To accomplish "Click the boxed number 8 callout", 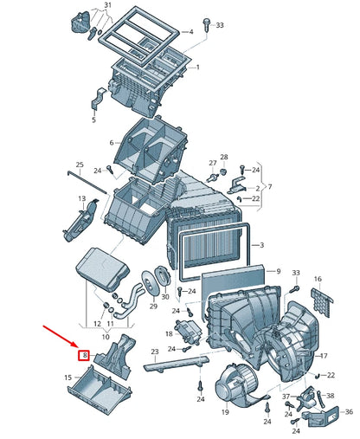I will tap(85, 354).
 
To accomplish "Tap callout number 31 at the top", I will tap(107, 6).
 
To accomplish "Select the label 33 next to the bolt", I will tap(220, 25).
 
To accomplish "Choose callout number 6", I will tap(111, 143).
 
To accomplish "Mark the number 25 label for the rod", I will tap(80, 165).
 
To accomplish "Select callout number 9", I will tap(278, 271).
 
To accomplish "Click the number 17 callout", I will tap(324, 356).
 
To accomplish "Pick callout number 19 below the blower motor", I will tap(224, 414).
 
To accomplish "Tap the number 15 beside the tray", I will tap(67, 378).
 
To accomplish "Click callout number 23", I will tap(154, 352).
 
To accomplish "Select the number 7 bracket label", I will tap(269, 187).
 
